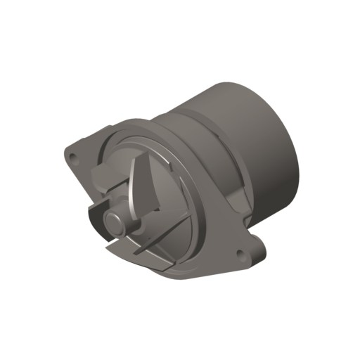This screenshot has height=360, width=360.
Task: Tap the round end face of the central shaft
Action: (113, 220)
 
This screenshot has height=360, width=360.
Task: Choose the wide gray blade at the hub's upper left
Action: (107, 182)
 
